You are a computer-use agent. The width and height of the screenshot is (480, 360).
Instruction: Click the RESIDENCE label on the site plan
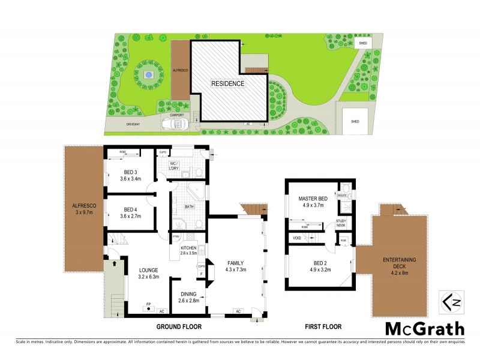pyautogui.click(x=228, y=83)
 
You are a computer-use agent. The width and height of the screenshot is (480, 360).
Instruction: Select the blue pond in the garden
pyautogui.click(x=148, y=75)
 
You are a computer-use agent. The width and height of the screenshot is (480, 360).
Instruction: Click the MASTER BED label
pyautogui.click(x=313, y=201)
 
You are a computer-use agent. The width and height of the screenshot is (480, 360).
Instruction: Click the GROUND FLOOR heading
pyautogui.click(x=179, y=327)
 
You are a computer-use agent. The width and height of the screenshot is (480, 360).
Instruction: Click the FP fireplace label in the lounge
pyautogui.click(x=148, y=304)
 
